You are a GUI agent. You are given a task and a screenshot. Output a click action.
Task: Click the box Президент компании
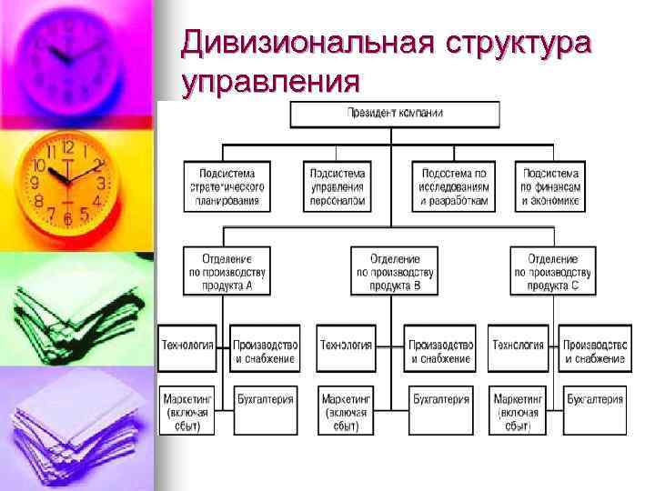coord(395,114)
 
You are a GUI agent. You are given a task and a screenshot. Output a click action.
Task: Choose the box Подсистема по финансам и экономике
coord(549,186)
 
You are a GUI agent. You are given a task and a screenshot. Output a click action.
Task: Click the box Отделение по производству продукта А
coord(227,270)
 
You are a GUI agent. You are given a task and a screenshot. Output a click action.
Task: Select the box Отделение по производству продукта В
coord(394,270)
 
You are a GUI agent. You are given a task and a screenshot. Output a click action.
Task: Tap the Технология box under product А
coord(187,346)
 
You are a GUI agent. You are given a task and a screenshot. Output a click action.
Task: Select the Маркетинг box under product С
coord(519,408)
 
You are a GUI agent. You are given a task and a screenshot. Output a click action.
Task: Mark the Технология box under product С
coord(519,346)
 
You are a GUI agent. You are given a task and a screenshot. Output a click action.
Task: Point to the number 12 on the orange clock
coord(66,145)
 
